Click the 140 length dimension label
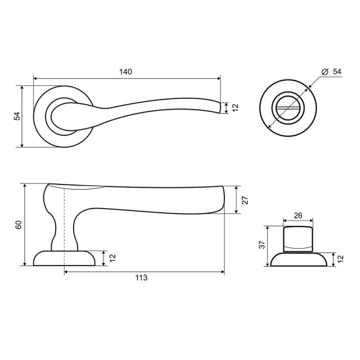coord(125,72)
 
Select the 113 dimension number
coord(141,278)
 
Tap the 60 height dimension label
coord(19,224)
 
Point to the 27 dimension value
coord(245,200)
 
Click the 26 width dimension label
coord(298,215)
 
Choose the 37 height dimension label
coord(262,245)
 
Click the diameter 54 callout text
coord(331,71)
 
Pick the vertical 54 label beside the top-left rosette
coord(17,116)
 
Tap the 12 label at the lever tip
coord(236,107)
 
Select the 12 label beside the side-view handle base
coord(112,258)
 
